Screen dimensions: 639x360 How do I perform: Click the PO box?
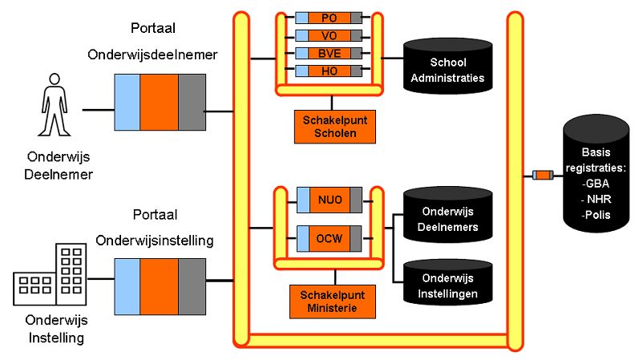pyautogui.click(x=329, y=18)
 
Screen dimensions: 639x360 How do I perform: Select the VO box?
pyautogui.click(x=329, y=36)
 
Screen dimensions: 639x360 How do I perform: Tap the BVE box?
pyautogui.click(x=329, y=54)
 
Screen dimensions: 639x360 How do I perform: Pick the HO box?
pyautogui.click(x=329, y=71)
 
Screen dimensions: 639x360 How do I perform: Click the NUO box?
pyautogui.click(x=330, y=200)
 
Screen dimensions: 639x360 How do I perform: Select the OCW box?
pyautogui.click(x=330, y=238)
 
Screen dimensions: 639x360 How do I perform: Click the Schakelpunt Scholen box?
pyautogui.click(x=335, y=127)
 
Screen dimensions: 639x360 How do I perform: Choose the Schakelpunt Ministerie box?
pyautogui.click(x=333, y=301)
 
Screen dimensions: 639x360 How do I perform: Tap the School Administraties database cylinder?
pyautogui.click(x=448, y=66)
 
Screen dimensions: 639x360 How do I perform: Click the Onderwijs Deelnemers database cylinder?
pyautogui.click(x=448, y=215)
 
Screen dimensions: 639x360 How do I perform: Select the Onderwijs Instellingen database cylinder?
pyautogui.click(x=448, y=282)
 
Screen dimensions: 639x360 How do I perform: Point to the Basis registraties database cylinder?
pyautogui.click(x=597, y=174)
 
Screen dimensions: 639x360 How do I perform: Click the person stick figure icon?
pyautogui.click(x=55, y=104)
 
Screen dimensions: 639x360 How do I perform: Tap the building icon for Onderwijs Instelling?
pyautogui.click(x=50, y=274)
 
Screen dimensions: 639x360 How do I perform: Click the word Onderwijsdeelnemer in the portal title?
pyautogui.click(x=152, y=55)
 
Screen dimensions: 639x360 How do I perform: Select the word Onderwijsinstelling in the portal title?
pyautogui.click(x=155, y=241)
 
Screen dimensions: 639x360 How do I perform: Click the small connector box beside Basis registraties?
pyautogui.click(x=543, y=176)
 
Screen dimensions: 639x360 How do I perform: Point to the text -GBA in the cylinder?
pyautogui.click(x=596, y=184)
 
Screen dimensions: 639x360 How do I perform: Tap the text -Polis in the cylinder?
pyautogui.click(x=596, y=215)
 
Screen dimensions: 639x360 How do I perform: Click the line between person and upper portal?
pyautogui.click(x=98, y=110)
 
